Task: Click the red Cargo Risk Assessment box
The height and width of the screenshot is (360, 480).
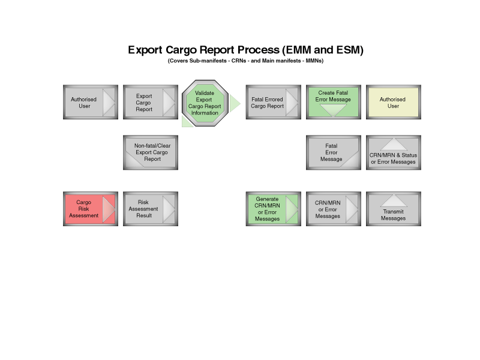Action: pyautogui.click(x=91, y=209)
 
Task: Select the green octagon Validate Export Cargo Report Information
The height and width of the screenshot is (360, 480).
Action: pyautogui.click(x=205, y=103)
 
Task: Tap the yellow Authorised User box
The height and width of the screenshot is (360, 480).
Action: pyautogui.click(x=394, y=102)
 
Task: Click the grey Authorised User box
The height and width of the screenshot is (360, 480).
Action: pyautogui.click(x=91, y=102)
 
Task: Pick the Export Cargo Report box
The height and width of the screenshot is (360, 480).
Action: pyautogui.click(x=151, y=102)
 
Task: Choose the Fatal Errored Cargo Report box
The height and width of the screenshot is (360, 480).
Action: pyautogui.click(x=274, y=102)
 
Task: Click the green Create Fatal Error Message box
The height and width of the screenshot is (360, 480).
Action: pyautogui.click(x=334, y=102)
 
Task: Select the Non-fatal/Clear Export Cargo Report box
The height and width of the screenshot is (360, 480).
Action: pyautogui.click(x=151, y=152)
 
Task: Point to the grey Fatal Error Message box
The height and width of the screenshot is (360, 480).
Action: pyautogui.click(x=334, y=152)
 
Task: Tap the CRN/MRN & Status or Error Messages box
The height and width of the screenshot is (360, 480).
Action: pyautogui.click(x=394, y=152)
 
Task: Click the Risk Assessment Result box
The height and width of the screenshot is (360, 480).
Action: pyautogui.click(x=151, y=209)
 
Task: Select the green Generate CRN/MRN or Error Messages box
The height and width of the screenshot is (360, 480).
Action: pyautogui.click(x=274, y=209)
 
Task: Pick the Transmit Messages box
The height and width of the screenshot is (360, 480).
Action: pyautogui.click(x=394, y=209)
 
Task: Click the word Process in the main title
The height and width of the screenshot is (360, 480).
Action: pyautogui.click(x=259, y=50)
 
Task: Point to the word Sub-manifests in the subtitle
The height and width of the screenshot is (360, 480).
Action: pyautogui.click(x=208, y=61)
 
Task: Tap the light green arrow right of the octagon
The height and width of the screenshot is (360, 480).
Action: pyautogui.click(x=235, y=103)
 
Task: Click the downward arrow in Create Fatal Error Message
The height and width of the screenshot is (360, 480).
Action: pyautogui.click(x=333, y=110)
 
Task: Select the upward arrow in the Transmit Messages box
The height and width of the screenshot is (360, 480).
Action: pyautogui.click(x=394, y=200)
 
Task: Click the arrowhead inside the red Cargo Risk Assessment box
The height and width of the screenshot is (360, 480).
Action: pyautogui.click(x=109, y=209)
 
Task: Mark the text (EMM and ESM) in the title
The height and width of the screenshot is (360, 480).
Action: pyautogui.click(x=323, y=50)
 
